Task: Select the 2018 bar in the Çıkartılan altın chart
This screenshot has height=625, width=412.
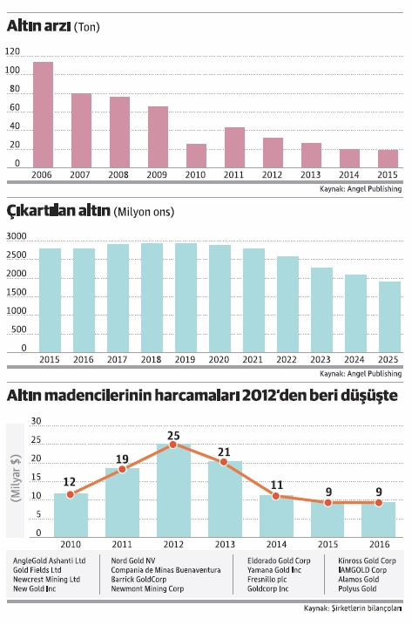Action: [x=152, y=297]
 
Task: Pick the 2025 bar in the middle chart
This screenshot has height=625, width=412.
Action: [x=389, y=316]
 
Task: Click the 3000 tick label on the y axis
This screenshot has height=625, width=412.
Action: [x=17, y=237]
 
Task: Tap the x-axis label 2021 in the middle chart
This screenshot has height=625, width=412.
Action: [x=253, y=359]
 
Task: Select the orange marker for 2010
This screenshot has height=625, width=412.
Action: [x=70, y=494]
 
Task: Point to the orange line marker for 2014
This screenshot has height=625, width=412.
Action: [x=276, y=496]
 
